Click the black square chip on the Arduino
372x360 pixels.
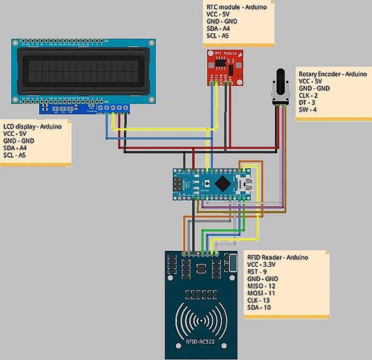tap(224, 183)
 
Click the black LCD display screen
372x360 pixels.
tap(82, 70)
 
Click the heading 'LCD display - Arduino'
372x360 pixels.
tap(32, 126)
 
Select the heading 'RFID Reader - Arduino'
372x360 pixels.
tap(277, 257)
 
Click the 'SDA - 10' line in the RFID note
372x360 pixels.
tap(259, 308)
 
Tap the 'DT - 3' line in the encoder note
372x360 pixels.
tap(308, 102)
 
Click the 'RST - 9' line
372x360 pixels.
tap(256, 271)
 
